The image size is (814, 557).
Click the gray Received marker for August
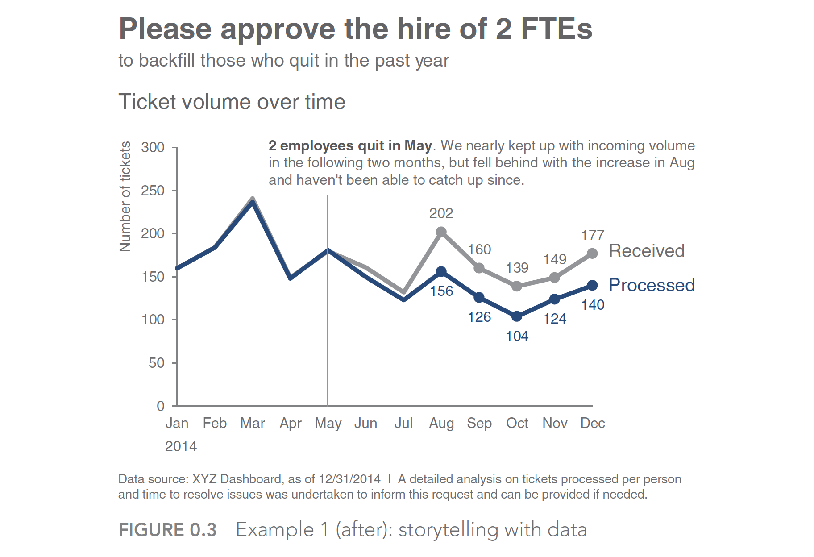point(441,232)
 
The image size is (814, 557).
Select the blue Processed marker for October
point(517,316)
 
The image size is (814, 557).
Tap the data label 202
point(441,213)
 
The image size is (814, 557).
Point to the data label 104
point(517,336)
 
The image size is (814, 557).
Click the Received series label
point(646,251)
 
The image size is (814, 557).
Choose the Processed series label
point(652,285)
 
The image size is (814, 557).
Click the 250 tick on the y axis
point(153,191)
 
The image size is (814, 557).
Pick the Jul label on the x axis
point(403,423)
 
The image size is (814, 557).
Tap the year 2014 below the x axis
point(181,446)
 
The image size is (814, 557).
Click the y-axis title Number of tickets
point(125,196)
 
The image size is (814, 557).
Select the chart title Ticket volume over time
point(232,102)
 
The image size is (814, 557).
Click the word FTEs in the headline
point(557,29)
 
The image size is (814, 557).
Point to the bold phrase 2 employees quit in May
point(350,145)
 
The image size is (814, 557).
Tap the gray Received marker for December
point(592,254)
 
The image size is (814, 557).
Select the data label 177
point(592,235)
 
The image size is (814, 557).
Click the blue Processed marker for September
point(479,297)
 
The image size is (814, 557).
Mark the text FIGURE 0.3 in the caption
point(167,530)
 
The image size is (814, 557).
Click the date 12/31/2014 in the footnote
point(349,479)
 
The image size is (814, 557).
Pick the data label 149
point(555,259)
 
